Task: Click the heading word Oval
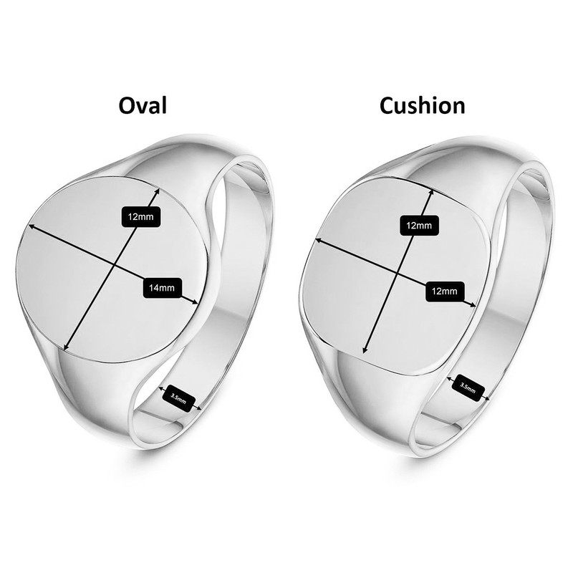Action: pos(142,105)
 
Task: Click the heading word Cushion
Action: pos(422,105)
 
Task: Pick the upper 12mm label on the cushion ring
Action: pos(418,226)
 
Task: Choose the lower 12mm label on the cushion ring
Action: pos(445,291)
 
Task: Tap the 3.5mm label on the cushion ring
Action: pos(469,388)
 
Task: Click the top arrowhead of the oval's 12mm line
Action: pos(157,191)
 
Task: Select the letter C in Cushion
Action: pos(387,105)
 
